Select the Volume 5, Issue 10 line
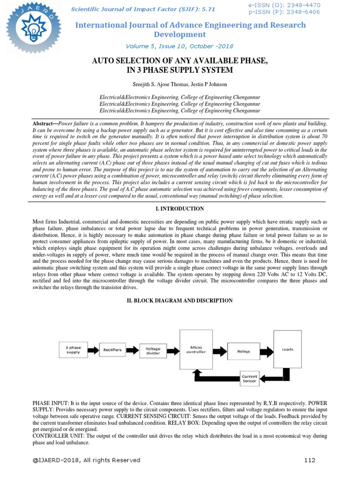click(180, 46)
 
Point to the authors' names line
click(180, 84)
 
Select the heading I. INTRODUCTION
click(180, 209)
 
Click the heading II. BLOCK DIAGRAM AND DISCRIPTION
click(180, 300)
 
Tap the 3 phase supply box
click(73, 350)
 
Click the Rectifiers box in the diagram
click(112, 350)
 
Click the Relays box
click(244, 351)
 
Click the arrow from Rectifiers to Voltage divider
click(133, 350)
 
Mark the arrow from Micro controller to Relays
click(219, 351)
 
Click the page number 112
click(310, 460)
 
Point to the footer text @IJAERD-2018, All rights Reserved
click(86, 460)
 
